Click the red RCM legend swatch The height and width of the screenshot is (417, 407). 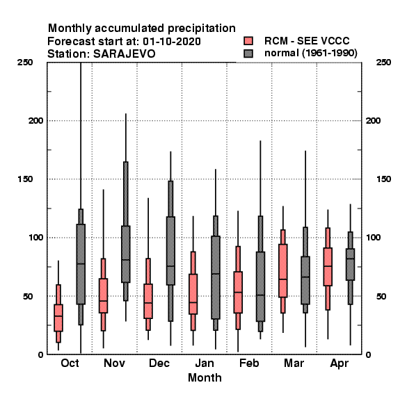click(x=248, y=41)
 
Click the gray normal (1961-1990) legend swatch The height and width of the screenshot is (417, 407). click(x=248, y=54)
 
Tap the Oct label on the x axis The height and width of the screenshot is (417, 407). click(x=70, y=363)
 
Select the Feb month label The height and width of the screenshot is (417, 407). click(x=249, y=363)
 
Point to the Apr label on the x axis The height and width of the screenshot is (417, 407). click(x=339, y=363)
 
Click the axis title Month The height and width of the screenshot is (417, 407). click(x=205, y=377)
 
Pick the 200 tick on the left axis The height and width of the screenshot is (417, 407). click(x=35, y=120)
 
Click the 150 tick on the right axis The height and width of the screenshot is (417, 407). click(x=383, y=179)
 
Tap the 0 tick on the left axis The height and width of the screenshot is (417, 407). click(x=40, y=354)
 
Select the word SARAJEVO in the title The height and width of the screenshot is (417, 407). click(x=125, y=54)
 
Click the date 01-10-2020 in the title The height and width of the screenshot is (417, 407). click(x=172, y=42)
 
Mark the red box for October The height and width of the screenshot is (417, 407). click(x=58, y=318)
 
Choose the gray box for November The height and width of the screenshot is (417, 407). click(x=126, y=254)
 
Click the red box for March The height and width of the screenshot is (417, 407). click(x=283, y=270)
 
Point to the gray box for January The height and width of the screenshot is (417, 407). click(x=216, y=277)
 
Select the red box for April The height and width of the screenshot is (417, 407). click(x=328, y=267)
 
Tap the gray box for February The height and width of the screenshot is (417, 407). click(x=260, y=286)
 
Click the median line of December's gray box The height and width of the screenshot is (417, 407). click(x=170, y=266)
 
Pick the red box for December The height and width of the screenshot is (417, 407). click(x=148, y=301)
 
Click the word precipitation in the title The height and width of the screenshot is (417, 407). click(x=202, y=28)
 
